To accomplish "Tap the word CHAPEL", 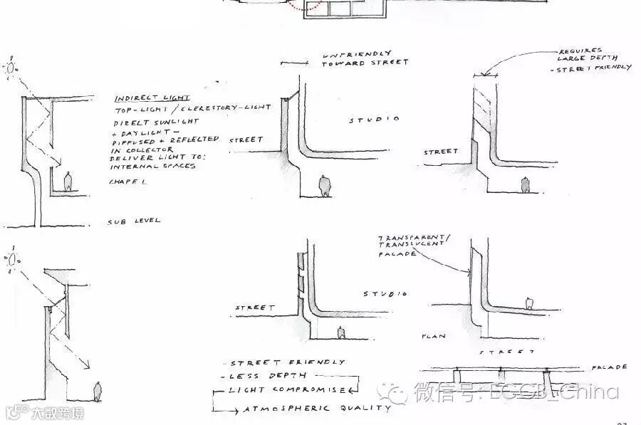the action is [x=127, y=182].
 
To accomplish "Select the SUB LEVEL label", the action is [x=134, y=221].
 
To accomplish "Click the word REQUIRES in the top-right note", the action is [x=580, y=51].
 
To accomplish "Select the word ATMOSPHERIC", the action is [x=288, y=408].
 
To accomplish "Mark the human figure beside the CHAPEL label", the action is [x=68, y=182].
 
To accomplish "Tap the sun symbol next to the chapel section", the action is [x=11, y=68].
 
